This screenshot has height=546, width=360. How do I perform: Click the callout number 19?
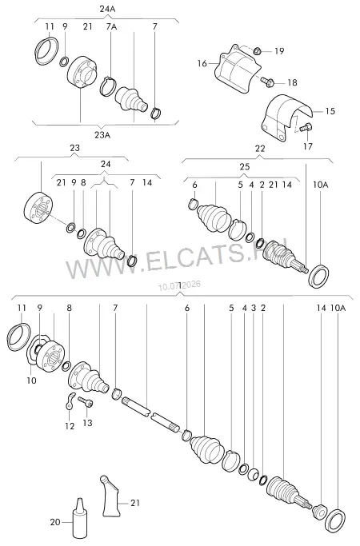[279, 51]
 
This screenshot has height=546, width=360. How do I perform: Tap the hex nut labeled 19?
[257, 51]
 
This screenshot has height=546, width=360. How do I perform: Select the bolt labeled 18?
[267, 82]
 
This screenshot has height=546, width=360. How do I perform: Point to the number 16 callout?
[202, 63]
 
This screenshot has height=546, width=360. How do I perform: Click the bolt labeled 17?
[306, 127]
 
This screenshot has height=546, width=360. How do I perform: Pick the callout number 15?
[330, 111]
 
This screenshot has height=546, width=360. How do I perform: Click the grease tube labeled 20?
[79, 518]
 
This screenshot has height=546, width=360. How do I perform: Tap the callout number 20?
[55, 522]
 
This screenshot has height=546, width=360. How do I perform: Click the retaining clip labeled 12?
[70, 401]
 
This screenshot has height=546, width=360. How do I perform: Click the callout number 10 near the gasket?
[31, 381]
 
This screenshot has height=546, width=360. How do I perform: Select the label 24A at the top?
[107, 9]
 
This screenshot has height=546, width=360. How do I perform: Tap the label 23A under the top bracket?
[102, 135]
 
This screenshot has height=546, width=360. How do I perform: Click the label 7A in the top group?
[111, 26]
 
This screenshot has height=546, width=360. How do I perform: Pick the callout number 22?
[260, 149]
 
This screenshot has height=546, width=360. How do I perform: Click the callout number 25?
[245, 167]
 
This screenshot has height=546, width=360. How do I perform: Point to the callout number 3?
[254, 308]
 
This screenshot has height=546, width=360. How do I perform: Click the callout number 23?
[75, 148]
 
